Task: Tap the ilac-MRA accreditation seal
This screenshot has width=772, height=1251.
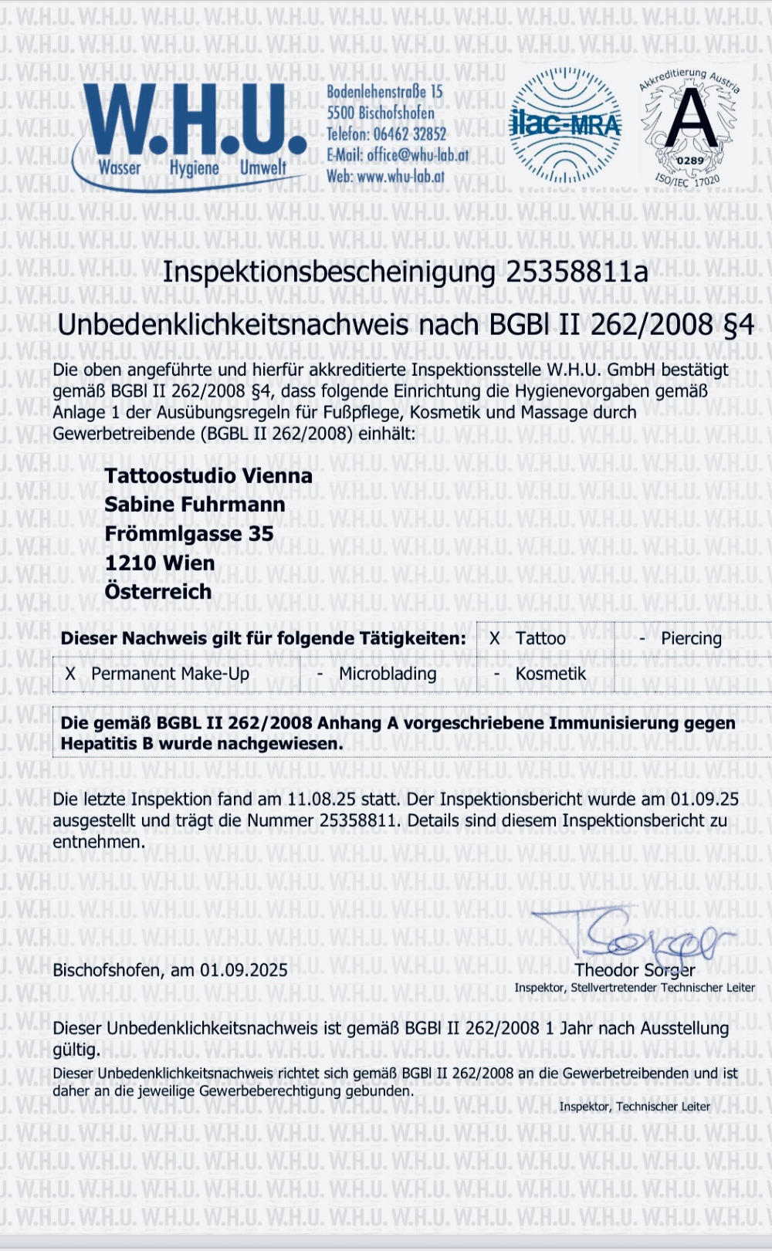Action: [566, 125]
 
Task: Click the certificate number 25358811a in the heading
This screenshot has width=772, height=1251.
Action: [577, 272]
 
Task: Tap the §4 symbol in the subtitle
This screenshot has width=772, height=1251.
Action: [738, 325]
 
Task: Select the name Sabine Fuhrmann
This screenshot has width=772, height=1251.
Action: [195, 505]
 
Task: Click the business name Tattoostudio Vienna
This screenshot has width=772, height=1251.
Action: [208, 475]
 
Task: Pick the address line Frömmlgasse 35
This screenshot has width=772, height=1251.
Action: [189, 534]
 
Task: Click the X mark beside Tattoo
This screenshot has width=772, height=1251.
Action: [494, 639]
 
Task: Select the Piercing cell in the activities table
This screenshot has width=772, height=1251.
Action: [691, 639]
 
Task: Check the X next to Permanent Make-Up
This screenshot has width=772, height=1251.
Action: [70, 674]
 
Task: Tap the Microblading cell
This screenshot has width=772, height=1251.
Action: [388, 674]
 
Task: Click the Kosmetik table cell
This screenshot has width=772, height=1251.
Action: [550, 674]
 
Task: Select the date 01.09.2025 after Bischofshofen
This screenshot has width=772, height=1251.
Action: [244, 971]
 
